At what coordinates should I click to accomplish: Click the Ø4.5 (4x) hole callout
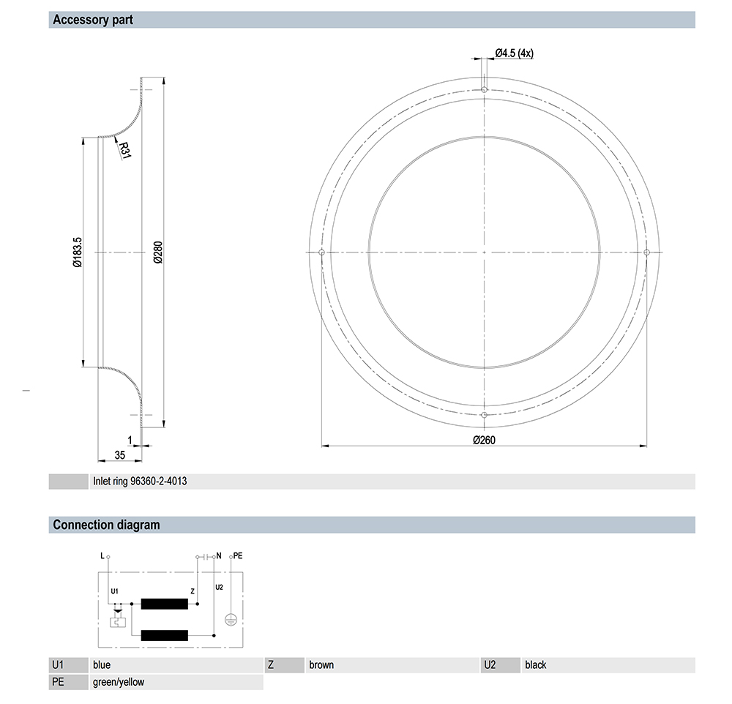pyautogui.click(x=514, y=53)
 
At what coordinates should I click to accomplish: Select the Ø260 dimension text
pyautogui.click(x=484, y=440)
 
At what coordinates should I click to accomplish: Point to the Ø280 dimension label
pyautogui.click(x=158, y=252)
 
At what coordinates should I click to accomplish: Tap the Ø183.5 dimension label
pyautogui.click(x=78, y=252)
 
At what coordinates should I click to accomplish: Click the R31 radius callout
pyautogui.click(x=124, y=150)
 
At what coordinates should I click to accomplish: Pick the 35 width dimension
pyautogui.click(x=119, y=455)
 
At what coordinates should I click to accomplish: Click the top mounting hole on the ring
pyautogui.click(x=484, y=89)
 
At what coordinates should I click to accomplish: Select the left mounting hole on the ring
pyautogui.click(x=321, y=252)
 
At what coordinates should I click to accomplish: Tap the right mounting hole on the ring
pyautogui.click(x=646, y=252)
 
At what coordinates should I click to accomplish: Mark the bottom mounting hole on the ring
pyautogui.click(x=484, y=415)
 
